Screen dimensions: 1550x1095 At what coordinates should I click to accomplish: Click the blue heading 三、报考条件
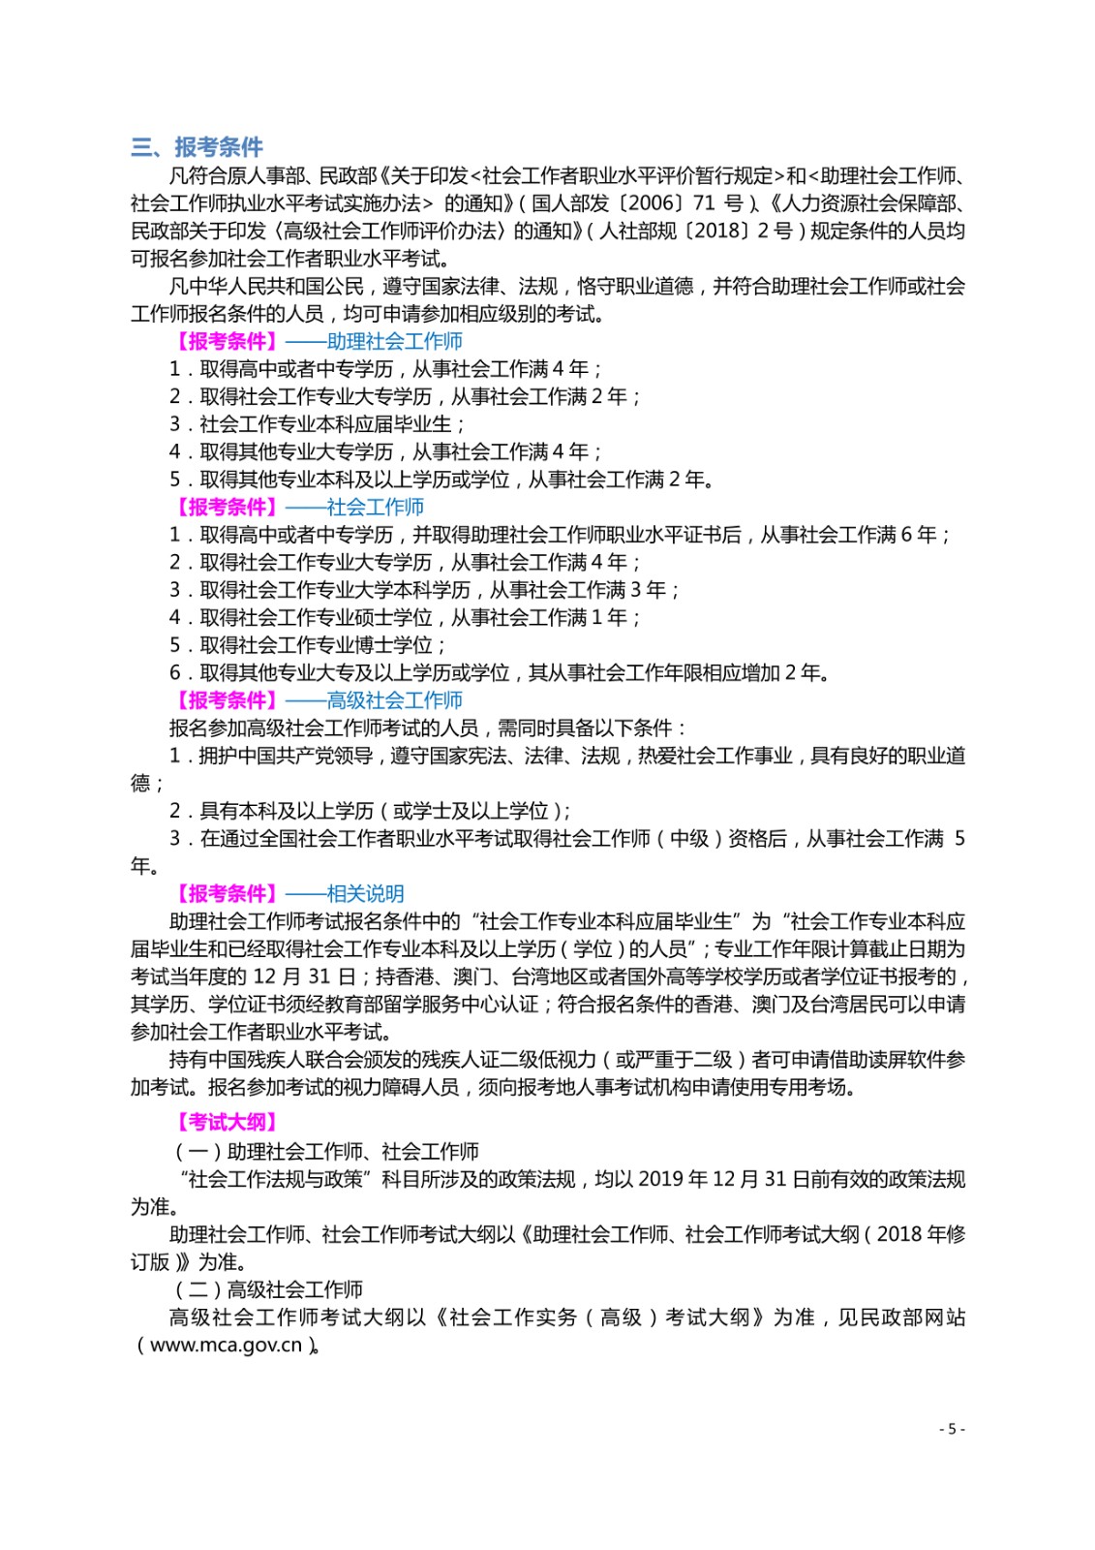(x=198, y=147)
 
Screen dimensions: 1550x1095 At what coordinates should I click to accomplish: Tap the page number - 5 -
(x=952, y=1429)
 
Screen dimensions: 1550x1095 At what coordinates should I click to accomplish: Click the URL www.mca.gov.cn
(x=226, y=1345)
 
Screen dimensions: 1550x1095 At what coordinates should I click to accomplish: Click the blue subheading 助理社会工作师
(x=394, y=341)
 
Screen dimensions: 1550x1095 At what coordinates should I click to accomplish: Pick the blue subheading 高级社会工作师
(x=394, y=700)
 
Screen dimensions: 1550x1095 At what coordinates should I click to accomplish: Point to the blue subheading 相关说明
(x=365, y=893)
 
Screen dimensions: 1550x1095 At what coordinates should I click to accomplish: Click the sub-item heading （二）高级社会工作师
(x=268, y=1289)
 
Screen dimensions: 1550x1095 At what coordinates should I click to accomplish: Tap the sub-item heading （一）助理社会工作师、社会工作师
(x=326, y=1152)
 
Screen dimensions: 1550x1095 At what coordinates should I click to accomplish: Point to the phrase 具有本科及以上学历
(x=286, y=811)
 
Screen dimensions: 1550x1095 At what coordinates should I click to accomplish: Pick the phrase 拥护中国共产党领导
(x=285, y=756)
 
